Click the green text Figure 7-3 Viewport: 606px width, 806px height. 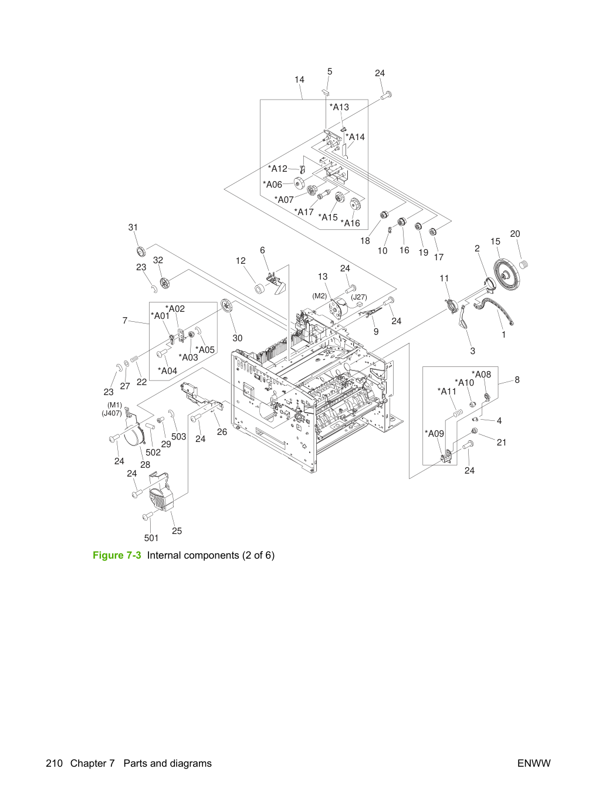(117, 555)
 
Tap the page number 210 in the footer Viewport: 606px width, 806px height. (54, 763)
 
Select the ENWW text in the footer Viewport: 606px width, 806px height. (534, 763)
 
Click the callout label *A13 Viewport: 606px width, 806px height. (339, 107)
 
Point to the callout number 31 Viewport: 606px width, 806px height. (133, 227)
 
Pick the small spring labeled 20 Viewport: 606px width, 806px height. (523, 264)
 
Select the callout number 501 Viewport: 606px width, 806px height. (151, 538)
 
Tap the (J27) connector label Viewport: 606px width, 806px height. (358, 297)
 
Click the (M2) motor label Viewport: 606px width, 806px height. (319, 296)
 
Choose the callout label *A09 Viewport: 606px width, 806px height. (434, 433)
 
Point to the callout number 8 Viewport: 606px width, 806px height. (517, 380)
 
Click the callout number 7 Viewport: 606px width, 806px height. (125, 321)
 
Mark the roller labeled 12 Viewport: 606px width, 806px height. (260, 289)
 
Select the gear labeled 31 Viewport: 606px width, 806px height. (140, 251)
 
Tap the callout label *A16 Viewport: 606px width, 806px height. (350, 223)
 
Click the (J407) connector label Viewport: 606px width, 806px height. (111, 413)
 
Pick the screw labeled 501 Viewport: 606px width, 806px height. (147, 516)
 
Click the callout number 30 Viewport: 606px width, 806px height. (238, 338)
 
